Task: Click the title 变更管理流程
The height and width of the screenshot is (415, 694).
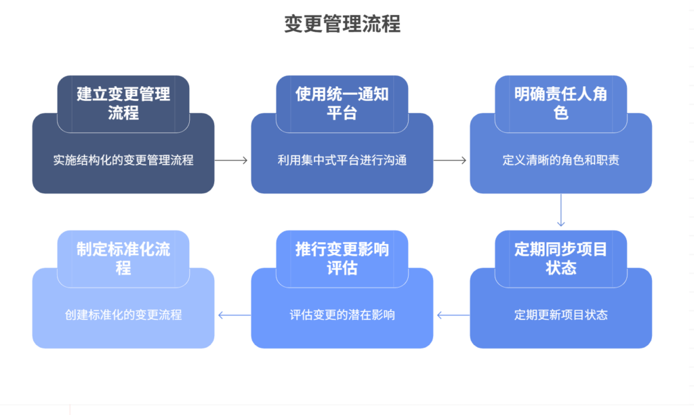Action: click(342, 24)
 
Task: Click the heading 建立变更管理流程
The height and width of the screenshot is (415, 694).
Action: click(123, 103)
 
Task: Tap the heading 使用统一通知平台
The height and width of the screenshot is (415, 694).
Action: click(342, 103)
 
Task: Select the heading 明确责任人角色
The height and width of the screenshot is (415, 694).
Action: click(560, 103)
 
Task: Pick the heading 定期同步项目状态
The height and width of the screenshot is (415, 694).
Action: click(560, 258)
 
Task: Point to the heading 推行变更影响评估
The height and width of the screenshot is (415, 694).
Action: click(342, 258)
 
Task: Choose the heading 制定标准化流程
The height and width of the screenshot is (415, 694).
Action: click(123, 258)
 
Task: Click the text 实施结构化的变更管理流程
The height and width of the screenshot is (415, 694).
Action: click(123, 161)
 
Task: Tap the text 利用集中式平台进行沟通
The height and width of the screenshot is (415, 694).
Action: click(342, 161)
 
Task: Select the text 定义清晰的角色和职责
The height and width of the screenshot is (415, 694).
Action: click(560, 161)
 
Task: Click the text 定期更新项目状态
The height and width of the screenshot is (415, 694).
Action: click(560, 315)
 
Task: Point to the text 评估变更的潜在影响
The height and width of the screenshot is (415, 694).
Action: click(342, 315)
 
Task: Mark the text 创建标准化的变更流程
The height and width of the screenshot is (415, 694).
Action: click(123, 315)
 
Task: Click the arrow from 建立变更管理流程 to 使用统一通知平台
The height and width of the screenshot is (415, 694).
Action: click(232, 161)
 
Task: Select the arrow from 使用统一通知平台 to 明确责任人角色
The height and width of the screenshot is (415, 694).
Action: click(451, 161)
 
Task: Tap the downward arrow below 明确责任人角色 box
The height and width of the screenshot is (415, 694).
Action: click(560, 211)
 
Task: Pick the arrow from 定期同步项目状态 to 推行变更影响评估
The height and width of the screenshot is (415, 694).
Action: click(452, 315)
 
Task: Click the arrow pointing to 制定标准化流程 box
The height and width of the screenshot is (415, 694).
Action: click(233, 315)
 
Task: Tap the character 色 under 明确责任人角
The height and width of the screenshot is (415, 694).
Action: click(560, 113)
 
